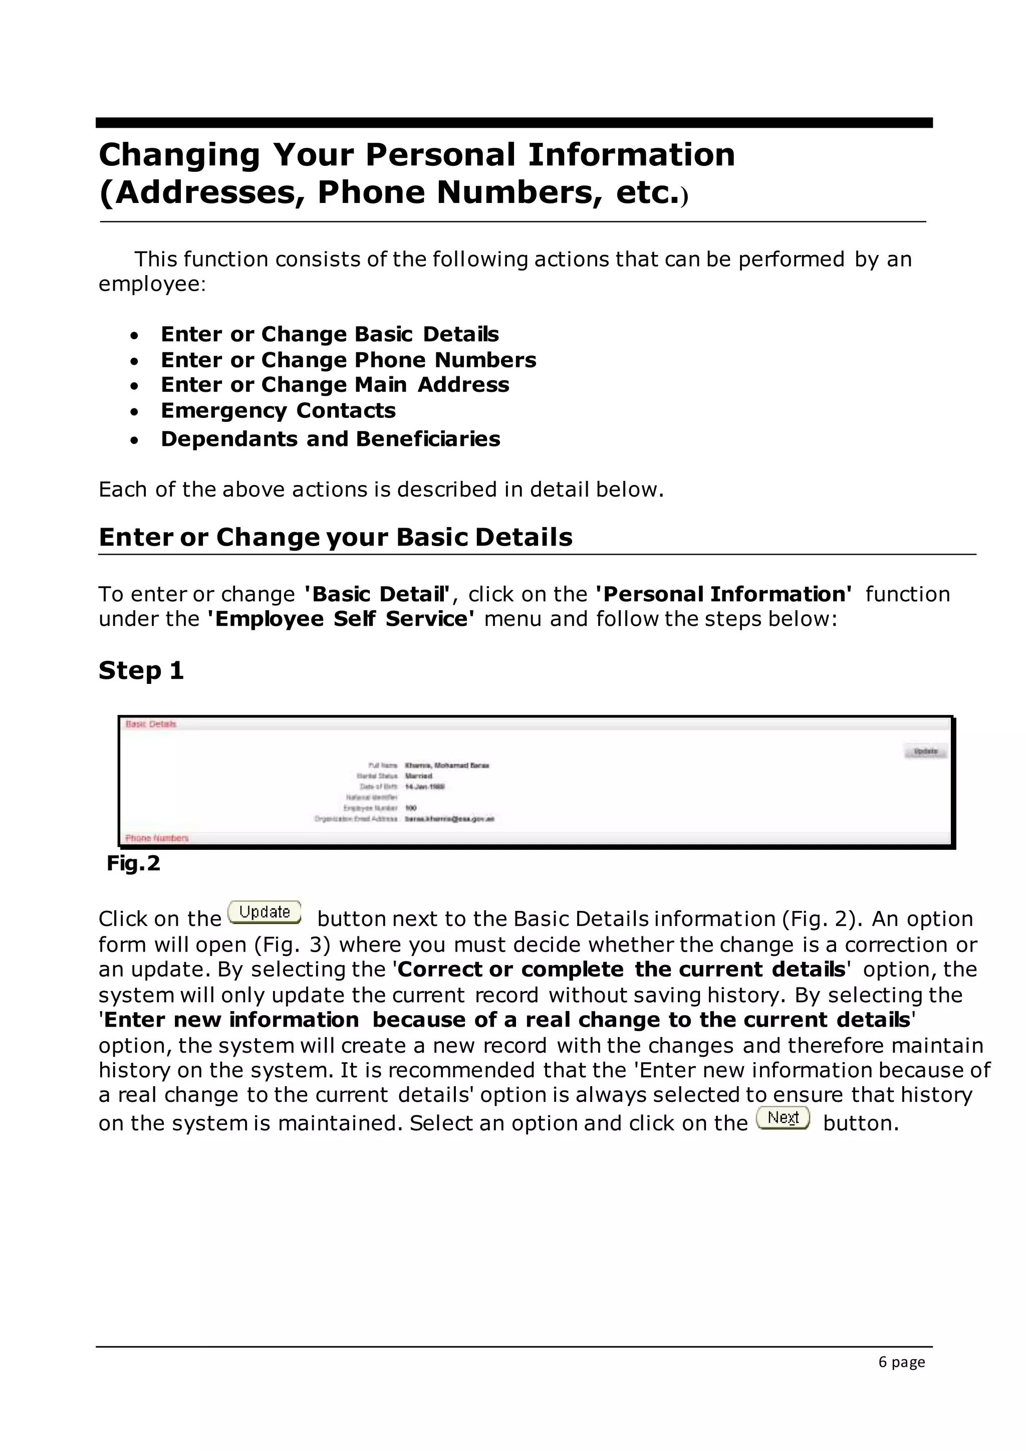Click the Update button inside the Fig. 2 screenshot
925,752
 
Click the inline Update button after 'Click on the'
264,912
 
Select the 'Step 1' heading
141,670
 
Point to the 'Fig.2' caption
133,863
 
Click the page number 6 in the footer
883,1361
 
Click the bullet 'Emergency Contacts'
278,411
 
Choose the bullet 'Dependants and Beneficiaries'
331,439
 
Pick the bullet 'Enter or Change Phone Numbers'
348,360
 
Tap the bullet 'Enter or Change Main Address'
335,385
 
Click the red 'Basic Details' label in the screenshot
151,724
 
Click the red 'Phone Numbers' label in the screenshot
157,838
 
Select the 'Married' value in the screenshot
418,776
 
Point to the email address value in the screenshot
449,819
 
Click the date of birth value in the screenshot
424,787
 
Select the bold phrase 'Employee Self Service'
341,619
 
